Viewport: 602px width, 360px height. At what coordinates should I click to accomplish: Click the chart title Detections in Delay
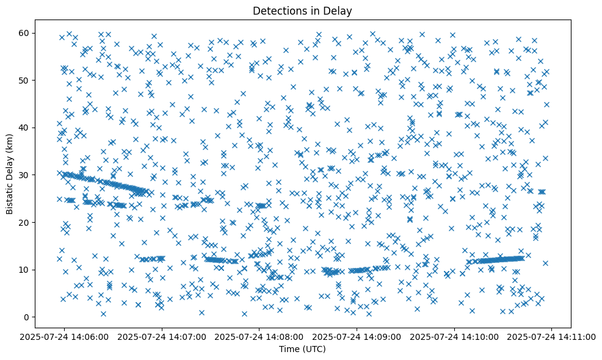pos(303,11)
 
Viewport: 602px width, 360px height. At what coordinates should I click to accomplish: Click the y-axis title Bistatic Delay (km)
pos(10,175)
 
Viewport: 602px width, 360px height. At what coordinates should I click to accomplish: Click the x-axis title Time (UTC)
pos(303,349)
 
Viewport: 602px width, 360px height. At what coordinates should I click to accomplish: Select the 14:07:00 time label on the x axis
pos(162,336)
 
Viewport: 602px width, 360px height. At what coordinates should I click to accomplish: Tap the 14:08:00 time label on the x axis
pos(259,336)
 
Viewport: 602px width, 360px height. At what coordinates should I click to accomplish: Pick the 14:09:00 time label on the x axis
pos(357,336)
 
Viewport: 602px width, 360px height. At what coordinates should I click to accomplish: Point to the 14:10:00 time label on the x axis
pos(454,336)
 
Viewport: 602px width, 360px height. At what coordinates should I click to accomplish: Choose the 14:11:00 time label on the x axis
pos(552,336)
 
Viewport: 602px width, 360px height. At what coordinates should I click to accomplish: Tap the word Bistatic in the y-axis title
pos(10,197)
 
